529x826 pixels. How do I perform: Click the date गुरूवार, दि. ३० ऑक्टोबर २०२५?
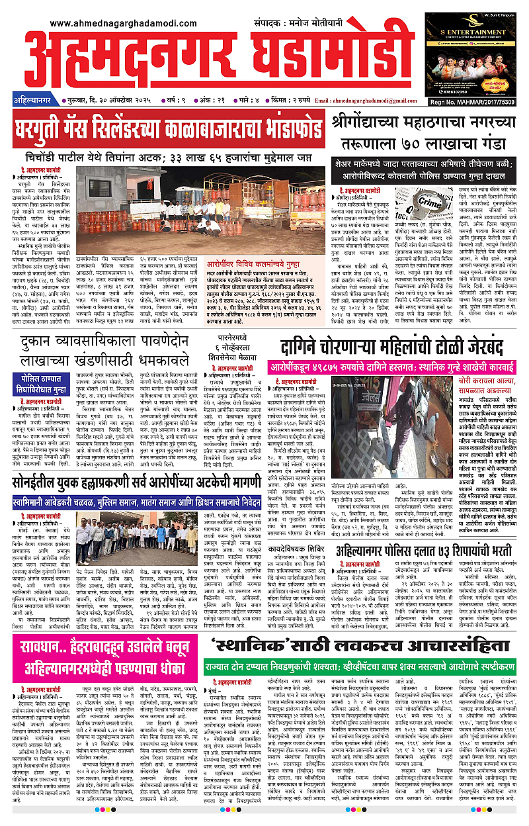(x=114, y=101)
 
